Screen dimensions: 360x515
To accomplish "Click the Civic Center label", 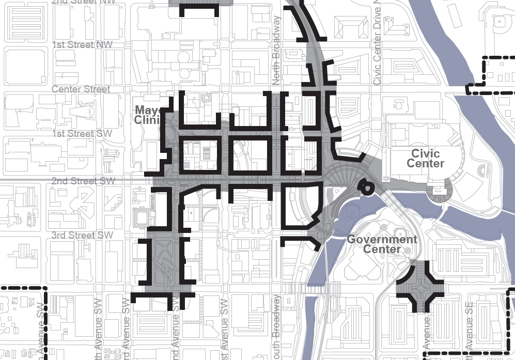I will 426,159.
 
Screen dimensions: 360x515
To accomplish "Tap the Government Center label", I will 382,244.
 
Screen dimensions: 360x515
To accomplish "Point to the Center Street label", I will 81,89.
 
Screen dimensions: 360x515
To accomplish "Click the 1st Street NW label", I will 82,45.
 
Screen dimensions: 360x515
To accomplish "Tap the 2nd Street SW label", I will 83,181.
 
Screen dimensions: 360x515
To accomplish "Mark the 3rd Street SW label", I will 82,236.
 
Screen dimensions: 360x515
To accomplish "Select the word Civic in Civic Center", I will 426,153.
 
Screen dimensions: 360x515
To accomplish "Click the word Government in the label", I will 382,239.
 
